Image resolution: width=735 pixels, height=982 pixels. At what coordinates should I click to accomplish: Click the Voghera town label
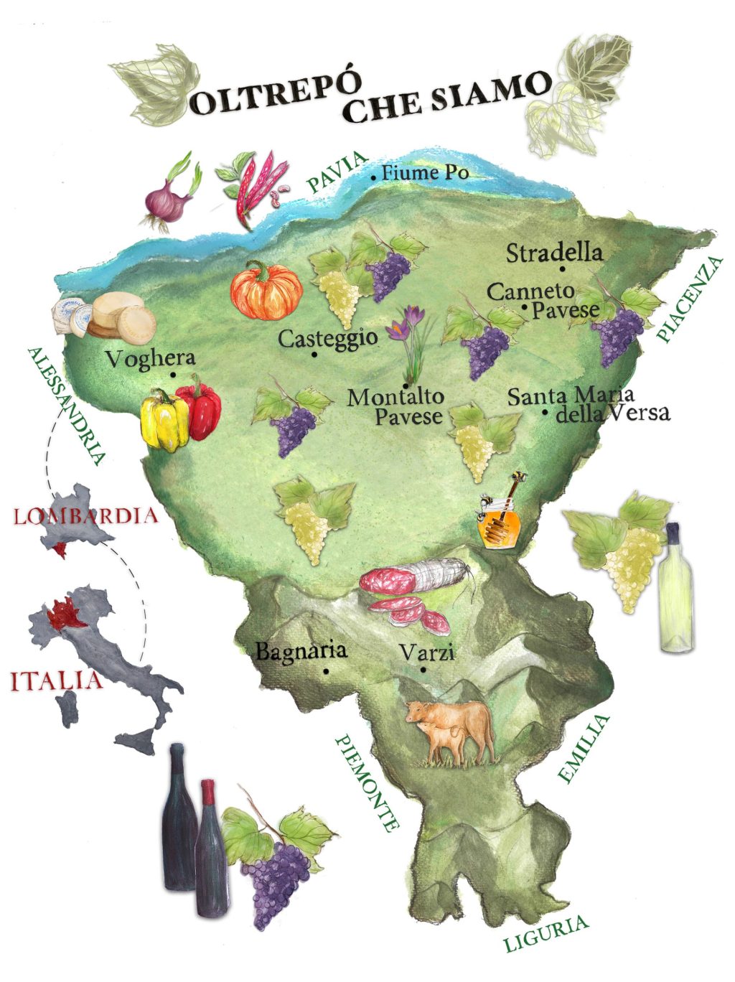pos(149,358)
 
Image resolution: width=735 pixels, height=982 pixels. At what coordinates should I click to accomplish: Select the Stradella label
pos(554,253)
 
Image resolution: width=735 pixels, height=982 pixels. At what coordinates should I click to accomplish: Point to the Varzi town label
pos(426,653)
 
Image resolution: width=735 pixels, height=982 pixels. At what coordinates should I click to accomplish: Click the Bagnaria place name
pos(301,651)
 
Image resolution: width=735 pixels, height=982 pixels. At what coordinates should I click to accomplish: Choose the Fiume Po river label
pos(425,173)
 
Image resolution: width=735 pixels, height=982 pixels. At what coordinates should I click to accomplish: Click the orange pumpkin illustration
pos(266,291)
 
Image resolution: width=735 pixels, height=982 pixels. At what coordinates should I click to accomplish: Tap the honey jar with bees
pos(499,523)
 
